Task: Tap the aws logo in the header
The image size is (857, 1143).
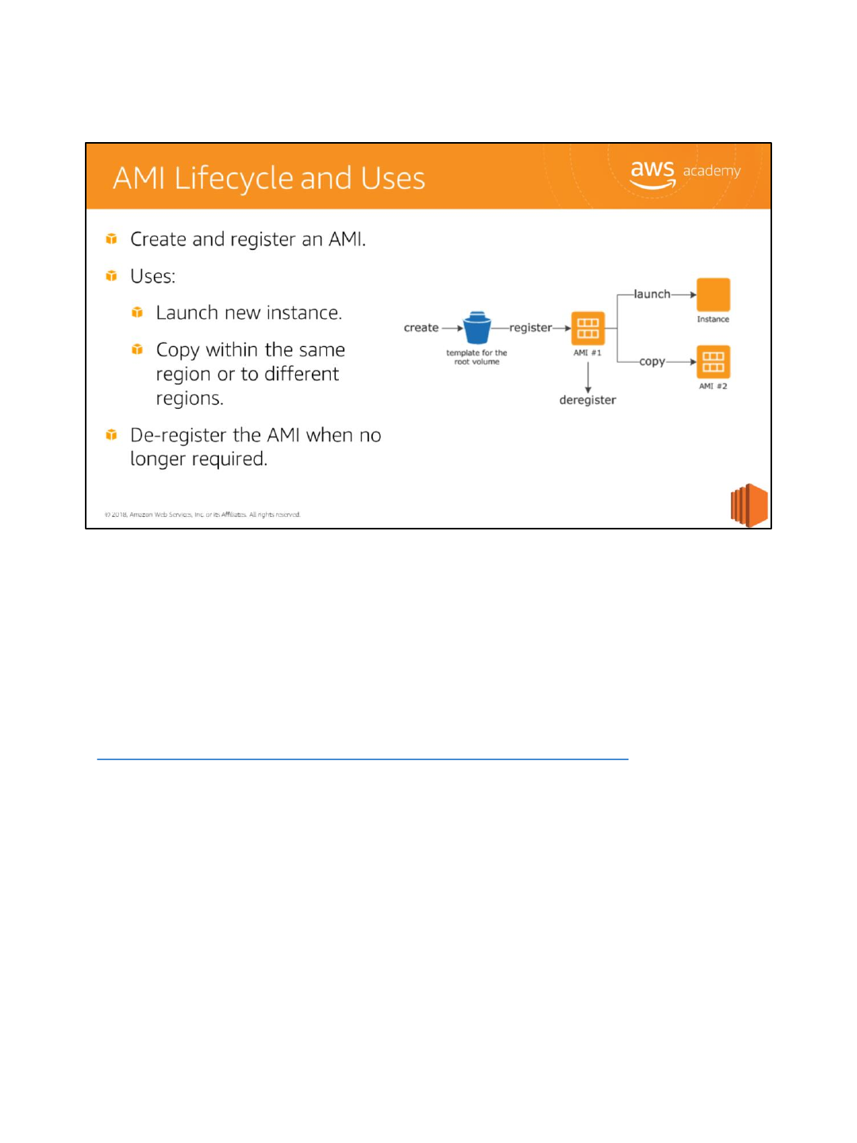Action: (652, 173)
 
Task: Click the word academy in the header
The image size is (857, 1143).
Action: (712, 171)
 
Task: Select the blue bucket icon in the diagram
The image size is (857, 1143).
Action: (477, 328)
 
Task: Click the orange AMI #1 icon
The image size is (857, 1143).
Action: (588, 328)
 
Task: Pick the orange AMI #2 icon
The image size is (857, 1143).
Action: (713, 362)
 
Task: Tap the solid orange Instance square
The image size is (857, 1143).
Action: (713, 294)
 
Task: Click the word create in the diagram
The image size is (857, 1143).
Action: (421, 328)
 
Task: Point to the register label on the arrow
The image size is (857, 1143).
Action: (530, 328)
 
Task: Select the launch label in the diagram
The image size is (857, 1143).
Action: (651, 294)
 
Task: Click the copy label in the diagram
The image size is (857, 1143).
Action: (651, 361)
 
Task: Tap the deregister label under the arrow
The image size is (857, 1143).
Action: (587, 400)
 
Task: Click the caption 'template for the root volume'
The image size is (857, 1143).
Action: (476, 357)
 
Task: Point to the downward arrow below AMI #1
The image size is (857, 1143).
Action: (588, 377)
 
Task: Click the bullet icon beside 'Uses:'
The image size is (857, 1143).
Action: (112, 276)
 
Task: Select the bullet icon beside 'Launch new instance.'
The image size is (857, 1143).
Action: (137, 313)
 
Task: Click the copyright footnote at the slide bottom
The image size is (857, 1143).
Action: (202, 514)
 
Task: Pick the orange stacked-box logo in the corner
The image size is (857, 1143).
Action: (749, 505)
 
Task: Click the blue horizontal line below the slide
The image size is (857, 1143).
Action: (362, 760)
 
